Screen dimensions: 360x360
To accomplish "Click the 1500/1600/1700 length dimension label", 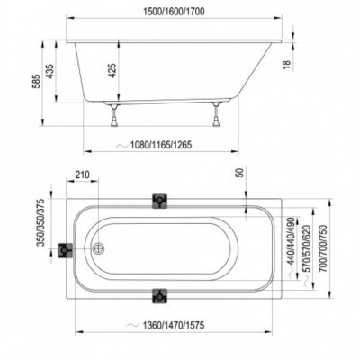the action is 174,12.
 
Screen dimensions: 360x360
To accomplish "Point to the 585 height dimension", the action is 36,82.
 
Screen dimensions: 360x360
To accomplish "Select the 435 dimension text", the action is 50,71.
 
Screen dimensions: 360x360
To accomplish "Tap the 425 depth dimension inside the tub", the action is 112,70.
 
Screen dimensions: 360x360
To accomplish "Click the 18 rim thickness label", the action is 287,64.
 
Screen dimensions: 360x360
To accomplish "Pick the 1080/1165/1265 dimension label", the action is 161,145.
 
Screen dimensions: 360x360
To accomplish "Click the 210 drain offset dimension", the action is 82,175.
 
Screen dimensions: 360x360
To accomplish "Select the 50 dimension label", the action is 241,173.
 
